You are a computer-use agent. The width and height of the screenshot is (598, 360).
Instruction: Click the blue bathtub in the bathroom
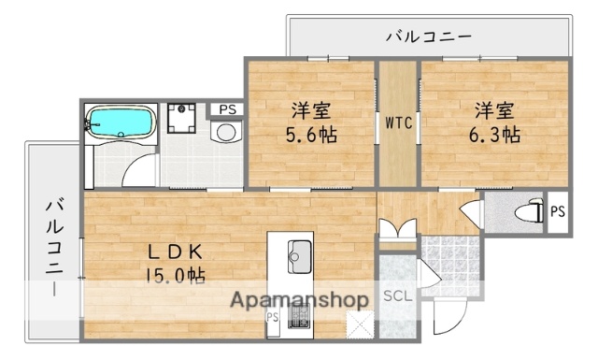pos(120,122)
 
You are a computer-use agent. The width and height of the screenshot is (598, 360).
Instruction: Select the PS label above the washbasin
pos(225,109)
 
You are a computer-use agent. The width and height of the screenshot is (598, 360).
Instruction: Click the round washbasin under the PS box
pos(225,134)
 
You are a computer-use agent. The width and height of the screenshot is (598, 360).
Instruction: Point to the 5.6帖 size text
pos(311,134)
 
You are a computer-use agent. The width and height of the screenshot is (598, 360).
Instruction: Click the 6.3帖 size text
pos(495,134)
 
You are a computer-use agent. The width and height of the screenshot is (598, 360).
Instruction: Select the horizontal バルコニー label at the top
pos(429,37)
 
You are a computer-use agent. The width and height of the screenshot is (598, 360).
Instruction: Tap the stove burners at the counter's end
pos(300,324)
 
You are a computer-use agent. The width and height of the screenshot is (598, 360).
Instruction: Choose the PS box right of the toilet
pos(557,211)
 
